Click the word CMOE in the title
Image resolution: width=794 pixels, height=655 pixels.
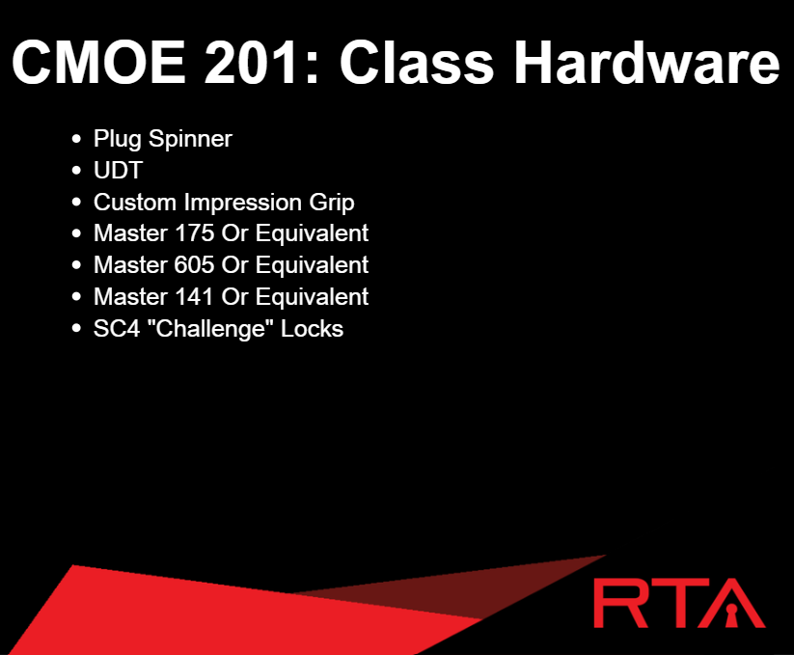(98, 63)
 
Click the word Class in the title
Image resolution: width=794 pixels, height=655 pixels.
(416, 63)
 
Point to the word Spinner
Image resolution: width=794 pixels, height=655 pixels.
(190, 139)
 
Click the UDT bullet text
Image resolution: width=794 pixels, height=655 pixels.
(118, 170)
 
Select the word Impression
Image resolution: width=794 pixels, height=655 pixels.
(242, 203)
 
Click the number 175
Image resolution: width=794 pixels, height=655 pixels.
(194, 233)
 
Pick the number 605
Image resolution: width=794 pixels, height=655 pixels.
(194, 265)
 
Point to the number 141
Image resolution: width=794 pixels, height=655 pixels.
(193, 296)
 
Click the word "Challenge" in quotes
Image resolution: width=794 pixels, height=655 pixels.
(210, 329)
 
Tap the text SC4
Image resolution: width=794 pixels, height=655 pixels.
(117, 329)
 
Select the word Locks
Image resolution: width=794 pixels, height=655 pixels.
(312, 329)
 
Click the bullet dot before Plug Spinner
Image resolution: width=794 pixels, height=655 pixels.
(76, 139)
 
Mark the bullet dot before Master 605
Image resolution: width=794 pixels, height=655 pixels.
(76, 264)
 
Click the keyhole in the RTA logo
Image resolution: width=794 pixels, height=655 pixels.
(731, 614)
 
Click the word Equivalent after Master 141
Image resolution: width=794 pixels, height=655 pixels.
(312, 297)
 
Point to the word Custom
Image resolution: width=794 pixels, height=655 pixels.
(135, 203)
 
